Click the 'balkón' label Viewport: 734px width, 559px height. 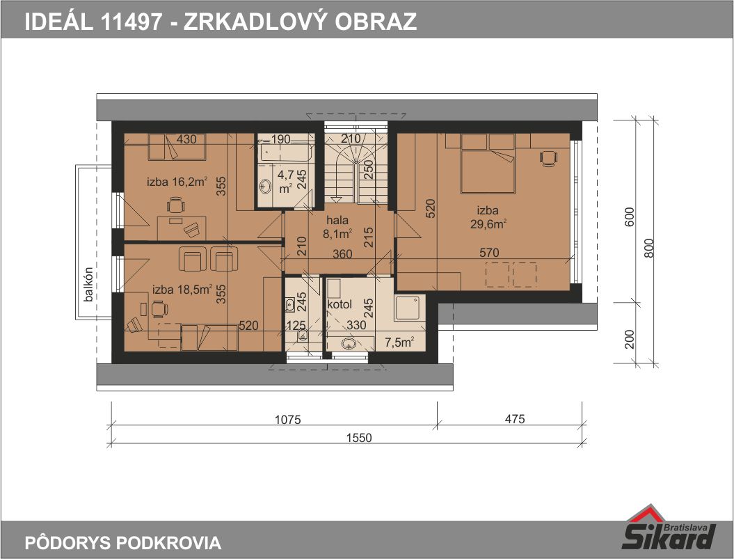point(88,284)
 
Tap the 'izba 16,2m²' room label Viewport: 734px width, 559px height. point(177,181)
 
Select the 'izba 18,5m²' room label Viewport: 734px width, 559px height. point(182,289)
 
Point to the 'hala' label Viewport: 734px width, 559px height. point(337,220)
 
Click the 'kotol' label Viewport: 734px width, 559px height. point(340,305)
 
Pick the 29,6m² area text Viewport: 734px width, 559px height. point(488,224)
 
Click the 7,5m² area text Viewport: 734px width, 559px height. point(399,343)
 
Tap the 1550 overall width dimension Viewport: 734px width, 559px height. point(359,438)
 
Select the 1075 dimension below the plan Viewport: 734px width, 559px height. point(287,419)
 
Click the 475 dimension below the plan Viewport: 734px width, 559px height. point(515,419)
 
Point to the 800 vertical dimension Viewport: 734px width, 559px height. point(648,248)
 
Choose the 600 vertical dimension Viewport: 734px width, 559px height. point(630,217)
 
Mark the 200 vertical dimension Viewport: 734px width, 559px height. point(630,339)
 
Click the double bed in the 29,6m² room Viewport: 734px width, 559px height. point(488,164)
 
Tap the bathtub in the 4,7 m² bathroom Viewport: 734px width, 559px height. point(285,152)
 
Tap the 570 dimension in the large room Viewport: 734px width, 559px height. point(489,253)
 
